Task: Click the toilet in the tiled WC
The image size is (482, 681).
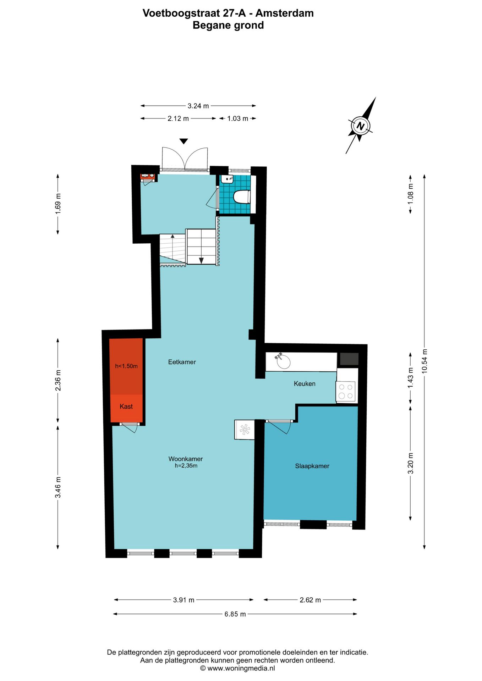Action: coord(242,197)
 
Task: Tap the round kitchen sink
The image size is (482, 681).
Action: coord(284,362)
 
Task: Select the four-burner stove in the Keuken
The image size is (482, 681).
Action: coord(346,392)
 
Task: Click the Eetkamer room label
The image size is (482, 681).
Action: coord(182,362)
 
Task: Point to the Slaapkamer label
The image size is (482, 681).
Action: coord(312,466)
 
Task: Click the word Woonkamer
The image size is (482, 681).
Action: coord(185,459)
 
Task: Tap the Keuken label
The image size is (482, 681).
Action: coord(305,383)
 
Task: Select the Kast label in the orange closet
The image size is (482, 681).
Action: coord(126,406)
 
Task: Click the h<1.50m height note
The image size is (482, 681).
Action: coord(126,366)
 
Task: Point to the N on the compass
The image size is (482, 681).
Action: coord(360,126)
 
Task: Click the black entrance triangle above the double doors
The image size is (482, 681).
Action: coord(184,141)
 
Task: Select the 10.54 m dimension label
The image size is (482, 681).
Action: coord(425,361)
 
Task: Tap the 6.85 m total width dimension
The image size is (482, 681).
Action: coord(235,614)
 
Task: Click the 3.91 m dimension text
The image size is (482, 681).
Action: coord(184,600)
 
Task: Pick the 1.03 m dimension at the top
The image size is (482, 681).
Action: coord(237,118)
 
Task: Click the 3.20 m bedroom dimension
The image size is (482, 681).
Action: coord(410,463)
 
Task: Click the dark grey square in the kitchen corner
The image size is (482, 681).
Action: coord(349,359)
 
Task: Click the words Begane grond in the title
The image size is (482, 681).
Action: coord(228,25)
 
